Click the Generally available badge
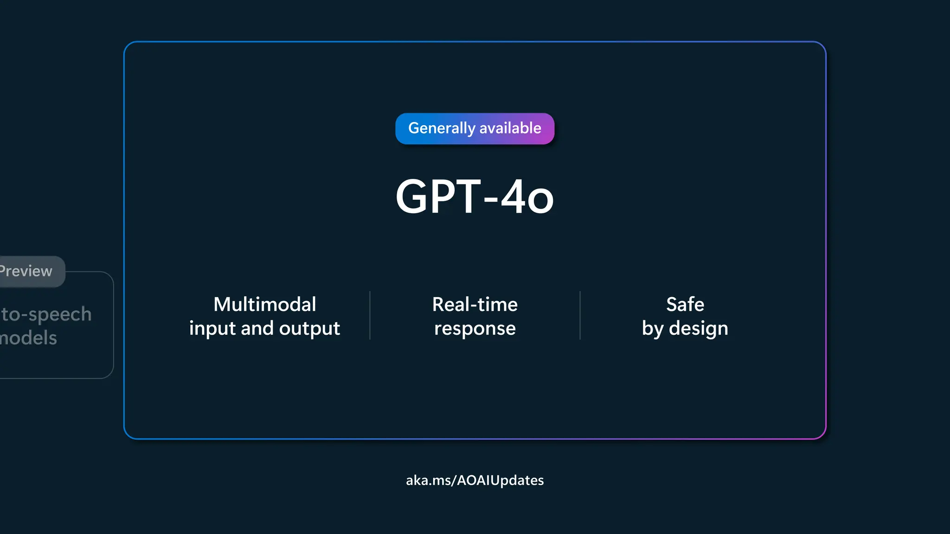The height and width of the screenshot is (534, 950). click(475, 128)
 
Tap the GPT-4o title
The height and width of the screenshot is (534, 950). click(475, 197)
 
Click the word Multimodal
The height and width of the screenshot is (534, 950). click(264, 305)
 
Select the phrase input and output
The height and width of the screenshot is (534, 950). click(264, 329)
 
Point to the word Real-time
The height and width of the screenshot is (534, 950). click(475, 305)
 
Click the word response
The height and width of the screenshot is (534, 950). click(475, 329)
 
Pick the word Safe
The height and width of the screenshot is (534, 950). click(685, 305)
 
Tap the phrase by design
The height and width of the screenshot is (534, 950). click(685, 329)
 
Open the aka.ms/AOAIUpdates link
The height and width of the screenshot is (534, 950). click(475, 480)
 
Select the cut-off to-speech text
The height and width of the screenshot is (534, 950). click(46, 315)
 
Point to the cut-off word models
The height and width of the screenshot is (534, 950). click(29, 338)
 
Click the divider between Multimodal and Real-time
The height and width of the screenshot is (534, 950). click(370, 316)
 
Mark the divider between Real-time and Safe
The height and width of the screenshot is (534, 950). click(580, 316)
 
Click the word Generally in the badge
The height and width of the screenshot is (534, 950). click(442, 128)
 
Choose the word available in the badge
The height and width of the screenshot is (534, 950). click(510, 128)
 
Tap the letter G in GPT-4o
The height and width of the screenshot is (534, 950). click(413, 197)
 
